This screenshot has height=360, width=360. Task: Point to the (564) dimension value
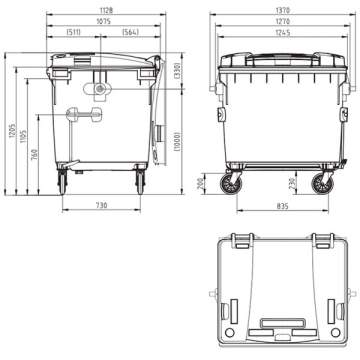coord(129,32)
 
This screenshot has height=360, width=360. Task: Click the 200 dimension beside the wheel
coord(200,183)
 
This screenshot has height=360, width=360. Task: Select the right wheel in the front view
coord(323,183)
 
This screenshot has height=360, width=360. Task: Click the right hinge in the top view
coord(322,241)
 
